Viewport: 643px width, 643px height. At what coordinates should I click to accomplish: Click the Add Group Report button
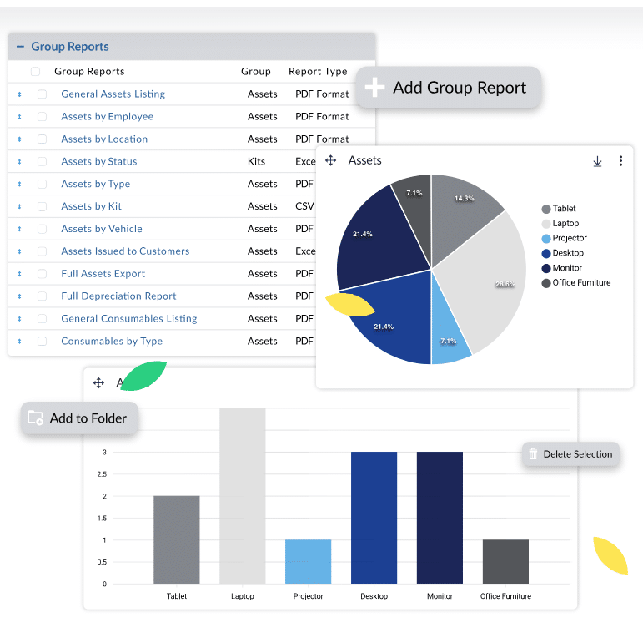pyautogui.click(x=449, y=88)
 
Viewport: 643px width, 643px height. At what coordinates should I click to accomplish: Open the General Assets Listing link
pyautogui.click(x=113, y=94)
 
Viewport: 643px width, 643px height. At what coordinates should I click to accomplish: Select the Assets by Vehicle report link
pyautogui.click(x=102, y=229)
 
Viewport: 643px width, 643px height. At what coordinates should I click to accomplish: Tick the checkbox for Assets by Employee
pyautogui.click(x=42, y=117)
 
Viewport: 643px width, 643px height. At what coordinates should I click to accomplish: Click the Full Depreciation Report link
pyautogui.click(x=118, y=296)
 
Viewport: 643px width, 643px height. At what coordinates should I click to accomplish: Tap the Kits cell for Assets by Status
pyautogui.click(x=257, y=162)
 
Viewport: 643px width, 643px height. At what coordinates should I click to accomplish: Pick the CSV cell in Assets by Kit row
pyautogui.click(x=304, y=206)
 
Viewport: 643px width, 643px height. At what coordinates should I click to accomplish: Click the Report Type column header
pyautogui.click(x=318, y=72)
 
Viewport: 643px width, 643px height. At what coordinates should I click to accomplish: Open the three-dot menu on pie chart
pyautogui.click(x=620, y=161)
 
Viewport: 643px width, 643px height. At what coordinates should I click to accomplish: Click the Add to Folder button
pyautogui.click(x=79, y=418)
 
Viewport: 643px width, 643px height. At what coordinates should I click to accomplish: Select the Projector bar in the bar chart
pyautogui.click(x=308, y=561)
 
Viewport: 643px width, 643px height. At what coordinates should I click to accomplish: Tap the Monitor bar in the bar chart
pyautogui.click(x=440, y=518)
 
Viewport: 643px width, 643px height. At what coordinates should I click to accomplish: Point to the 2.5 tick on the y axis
pyautogui.click(x=104, y=474)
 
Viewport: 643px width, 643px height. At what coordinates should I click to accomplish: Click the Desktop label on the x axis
pyautogui.click(x=374, y=596)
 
